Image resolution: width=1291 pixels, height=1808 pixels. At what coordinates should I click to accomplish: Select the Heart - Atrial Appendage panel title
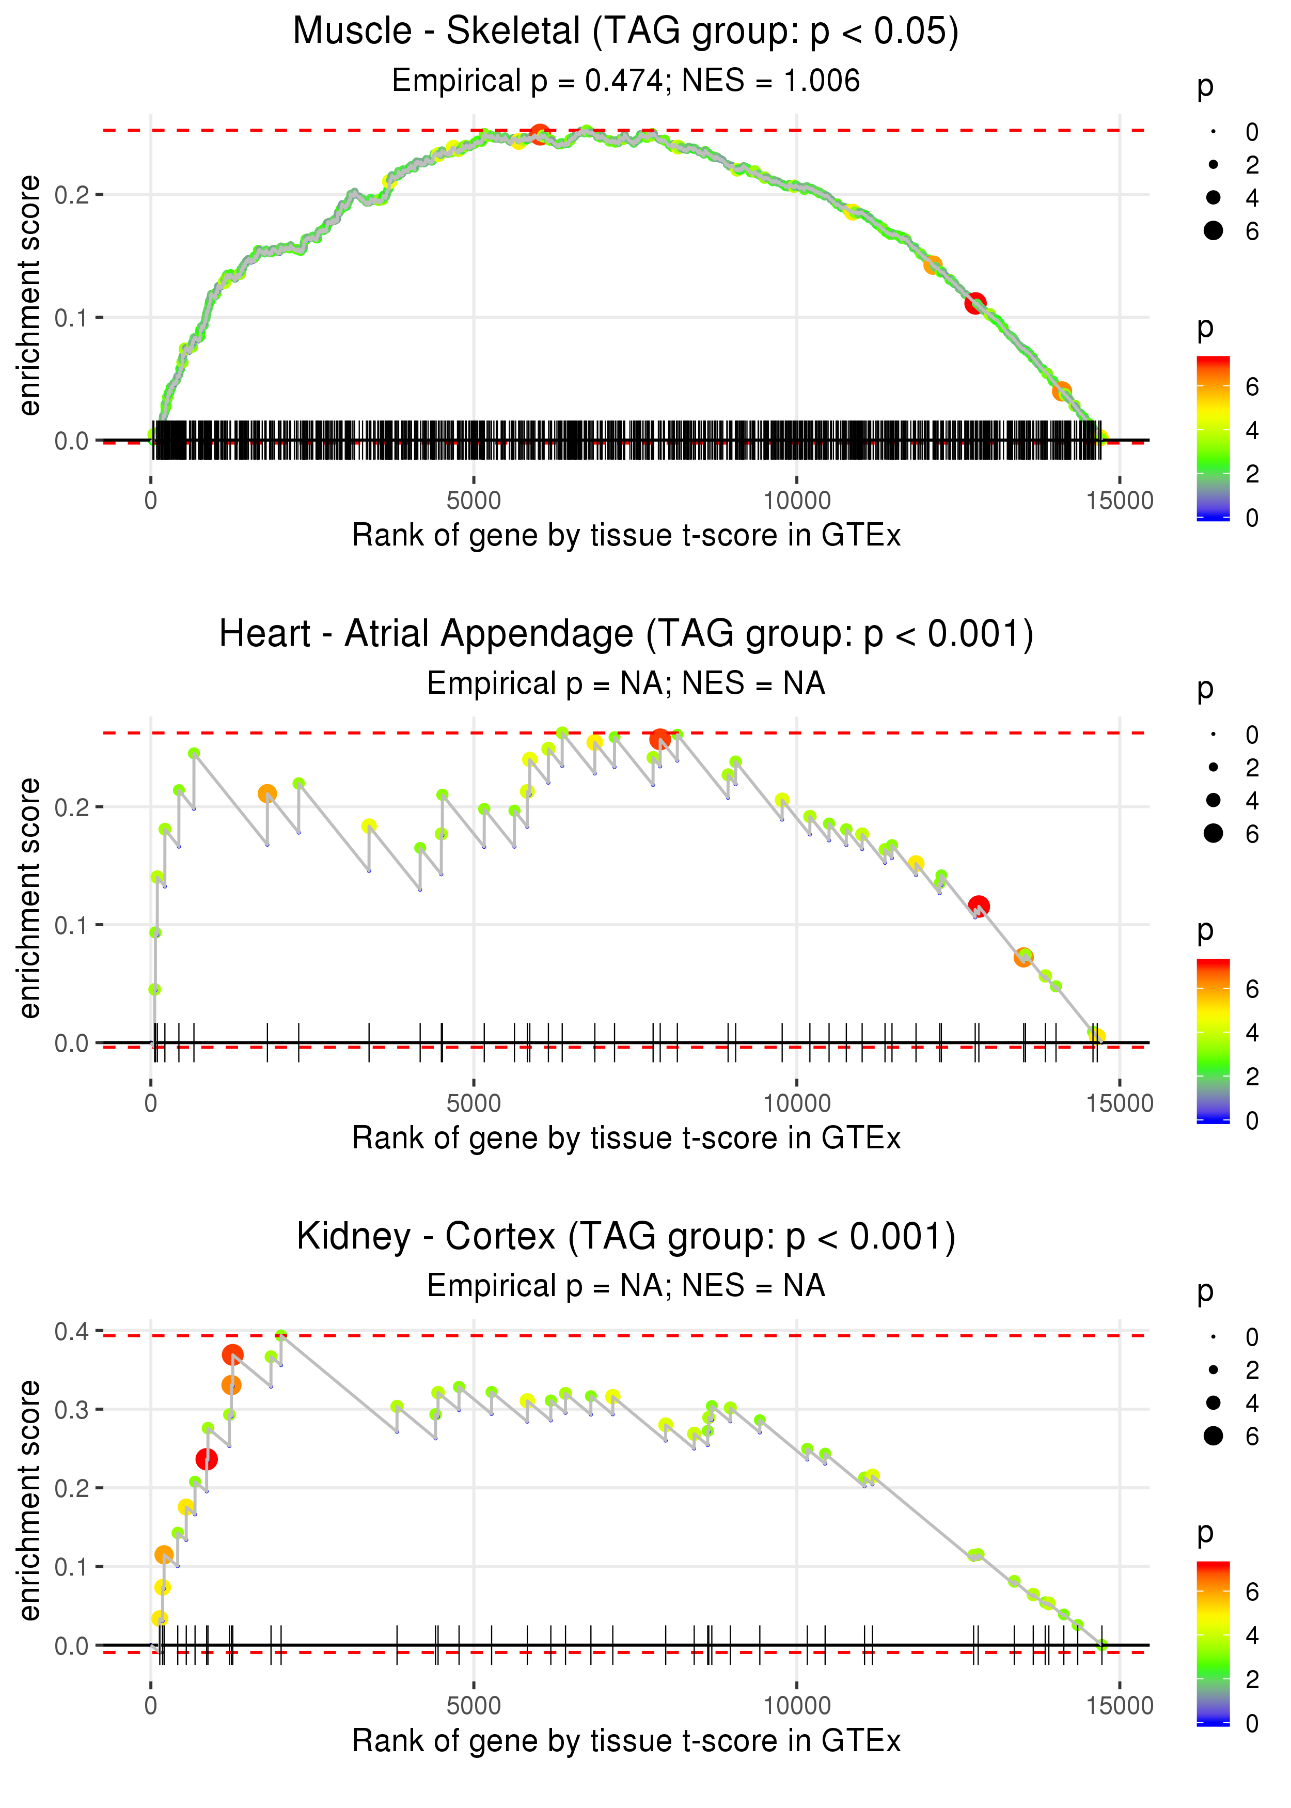pos(626,634)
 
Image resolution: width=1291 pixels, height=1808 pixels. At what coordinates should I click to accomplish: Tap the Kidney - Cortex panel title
pos(626,1237)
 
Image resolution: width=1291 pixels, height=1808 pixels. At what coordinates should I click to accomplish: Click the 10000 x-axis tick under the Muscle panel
pos(796,501)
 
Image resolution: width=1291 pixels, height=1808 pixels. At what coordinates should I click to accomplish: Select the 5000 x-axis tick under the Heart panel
pos(474,1103)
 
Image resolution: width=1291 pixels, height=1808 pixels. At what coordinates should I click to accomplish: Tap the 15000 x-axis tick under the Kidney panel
pos(1119,1706)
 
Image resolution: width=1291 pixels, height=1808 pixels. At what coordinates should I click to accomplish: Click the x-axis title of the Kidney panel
pos(626,1741)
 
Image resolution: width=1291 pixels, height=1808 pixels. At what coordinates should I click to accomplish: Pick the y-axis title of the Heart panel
pos(29,898)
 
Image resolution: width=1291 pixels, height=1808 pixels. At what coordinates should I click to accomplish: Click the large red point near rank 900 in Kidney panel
pos(207,1459)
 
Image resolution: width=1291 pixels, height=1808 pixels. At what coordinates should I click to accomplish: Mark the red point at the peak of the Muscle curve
pos(540,134)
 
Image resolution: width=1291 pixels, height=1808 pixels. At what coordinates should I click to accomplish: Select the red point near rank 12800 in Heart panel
pos(979,906)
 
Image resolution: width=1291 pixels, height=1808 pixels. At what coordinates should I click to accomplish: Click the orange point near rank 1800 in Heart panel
pos(267,793)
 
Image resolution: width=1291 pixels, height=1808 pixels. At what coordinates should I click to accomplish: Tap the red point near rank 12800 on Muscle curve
pos(975,303)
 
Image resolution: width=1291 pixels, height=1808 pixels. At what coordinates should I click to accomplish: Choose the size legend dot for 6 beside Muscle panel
pos(1213,230)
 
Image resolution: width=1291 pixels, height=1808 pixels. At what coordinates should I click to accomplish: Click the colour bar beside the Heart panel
pos(1213,1041)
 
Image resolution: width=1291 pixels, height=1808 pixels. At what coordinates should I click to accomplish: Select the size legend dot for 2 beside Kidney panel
pos(1213,1369)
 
